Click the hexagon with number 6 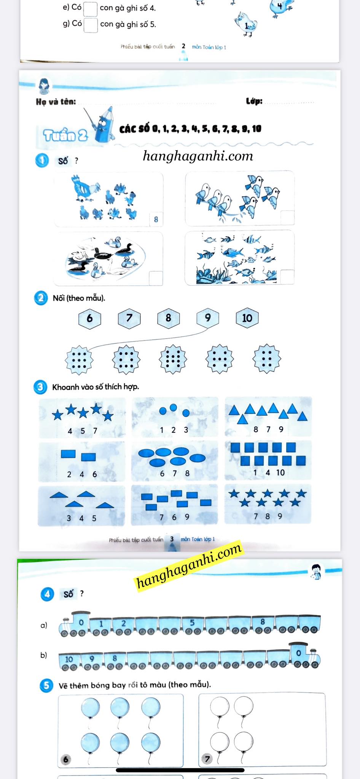pos(89,318)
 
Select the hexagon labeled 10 pos(247,318)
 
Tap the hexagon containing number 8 pos(169,318)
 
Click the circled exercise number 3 pos(40,387)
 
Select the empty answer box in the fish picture pos(287,277)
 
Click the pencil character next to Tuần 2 pos(103,124)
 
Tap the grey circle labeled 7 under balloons pos(207,759)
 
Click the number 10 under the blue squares pos(280,472)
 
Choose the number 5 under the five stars pos(83,431)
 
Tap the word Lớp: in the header pos(254,101)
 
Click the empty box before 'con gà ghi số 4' pos(90,9)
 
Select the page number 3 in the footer pos(172,539)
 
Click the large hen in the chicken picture pos(86,188)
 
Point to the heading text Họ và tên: pos(56,102)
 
